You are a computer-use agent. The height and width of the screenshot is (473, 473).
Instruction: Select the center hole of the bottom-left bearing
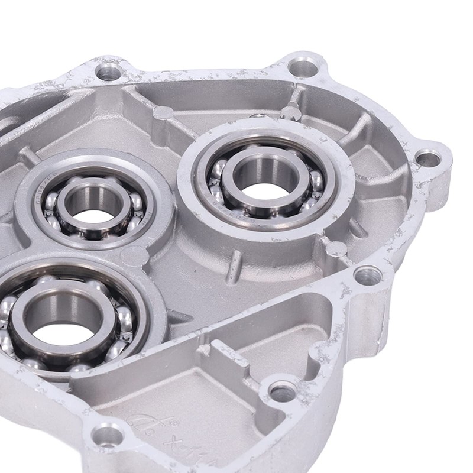61,319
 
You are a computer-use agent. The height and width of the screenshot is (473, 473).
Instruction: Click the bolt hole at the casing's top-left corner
108,72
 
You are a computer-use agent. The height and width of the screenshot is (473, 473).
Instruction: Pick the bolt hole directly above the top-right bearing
303,66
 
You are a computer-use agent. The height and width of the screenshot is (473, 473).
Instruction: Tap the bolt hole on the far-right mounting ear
427,158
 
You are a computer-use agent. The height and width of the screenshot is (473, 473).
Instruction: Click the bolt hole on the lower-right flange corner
283,391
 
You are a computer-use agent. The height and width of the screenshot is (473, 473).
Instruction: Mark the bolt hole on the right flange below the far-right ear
368,275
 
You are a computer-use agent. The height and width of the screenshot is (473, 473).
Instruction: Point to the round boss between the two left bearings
134,255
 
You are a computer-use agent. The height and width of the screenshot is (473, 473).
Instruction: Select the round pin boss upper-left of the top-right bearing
164,113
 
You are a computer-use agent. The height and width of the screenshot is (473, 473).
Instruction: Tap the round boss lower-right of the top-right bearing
334,248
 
